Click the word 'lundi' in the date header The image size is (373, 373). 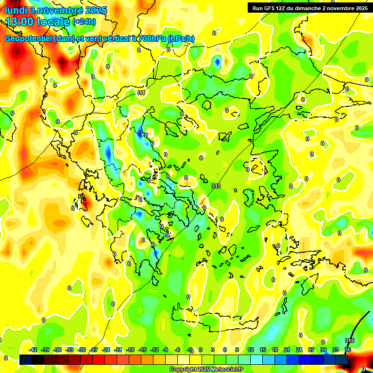point(15,10)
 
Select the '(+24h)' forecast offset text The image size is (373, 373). point(84,22)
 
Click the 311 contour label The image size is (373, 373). point(141,93)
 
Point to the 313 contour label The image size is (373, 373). point(217,186)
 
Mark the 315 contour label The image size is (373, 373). point(349,340)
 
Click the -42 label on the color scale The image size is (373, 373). point(34,350)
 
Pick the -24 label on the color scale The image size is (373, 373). point(106,350)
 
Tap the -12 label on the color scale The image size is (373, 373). point(154,350)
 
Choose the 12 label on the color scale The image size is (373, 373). point(251,350)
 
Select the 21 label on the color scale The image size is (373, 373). point(287,350)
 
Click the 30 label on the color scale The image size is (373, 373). point(323,350)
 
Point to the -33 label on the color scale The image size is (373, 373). point(69,350)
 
